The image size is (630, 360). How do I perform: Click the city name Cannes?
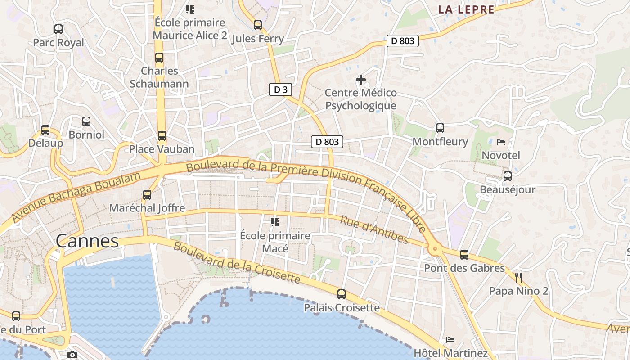coord(87,241)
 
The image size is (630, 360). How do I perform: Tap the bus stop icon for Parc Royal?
coord(58,29)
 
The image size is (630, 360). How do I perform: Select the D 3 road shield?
coord(280,90)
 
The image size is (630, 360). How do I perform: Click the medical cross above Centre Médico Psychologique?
coord(360,80)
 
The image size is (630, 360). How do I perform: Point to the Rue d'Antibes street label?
coord(373,229)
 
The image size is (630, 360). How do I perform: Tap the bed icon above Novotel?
coord(500,142)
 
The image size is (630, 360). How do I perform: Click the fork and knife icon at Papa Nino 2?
coord(518,277)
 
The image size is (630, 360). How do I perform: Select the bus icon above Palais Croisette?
coord(342,294)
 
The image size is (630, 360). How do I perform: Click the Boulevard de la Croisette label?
coord(237,263)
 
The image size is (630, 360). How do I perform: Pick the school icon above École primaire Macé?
coord(275,222)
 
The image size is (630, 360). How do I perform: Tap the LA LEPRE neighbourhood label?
coord(466,9)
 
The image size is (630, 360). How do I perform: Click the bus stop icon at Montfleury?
coord(440,128)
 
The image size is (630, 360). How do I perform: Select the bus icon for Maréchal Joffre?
coord(147,195)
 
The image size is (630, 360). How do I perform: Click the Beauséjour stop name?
coord(508,189)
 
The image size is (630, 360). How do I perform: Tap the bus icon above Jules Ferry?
coord(258,25)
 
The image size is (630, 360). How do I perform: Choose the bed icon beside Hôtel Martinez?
coord(450,339)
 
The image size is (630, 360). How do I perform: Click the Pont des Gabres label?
coord(464,268)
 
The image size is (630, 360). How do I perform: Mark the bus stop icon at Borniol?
coord(86,121)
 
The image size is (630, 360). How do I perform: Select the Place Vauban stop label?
coord(162,149)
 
